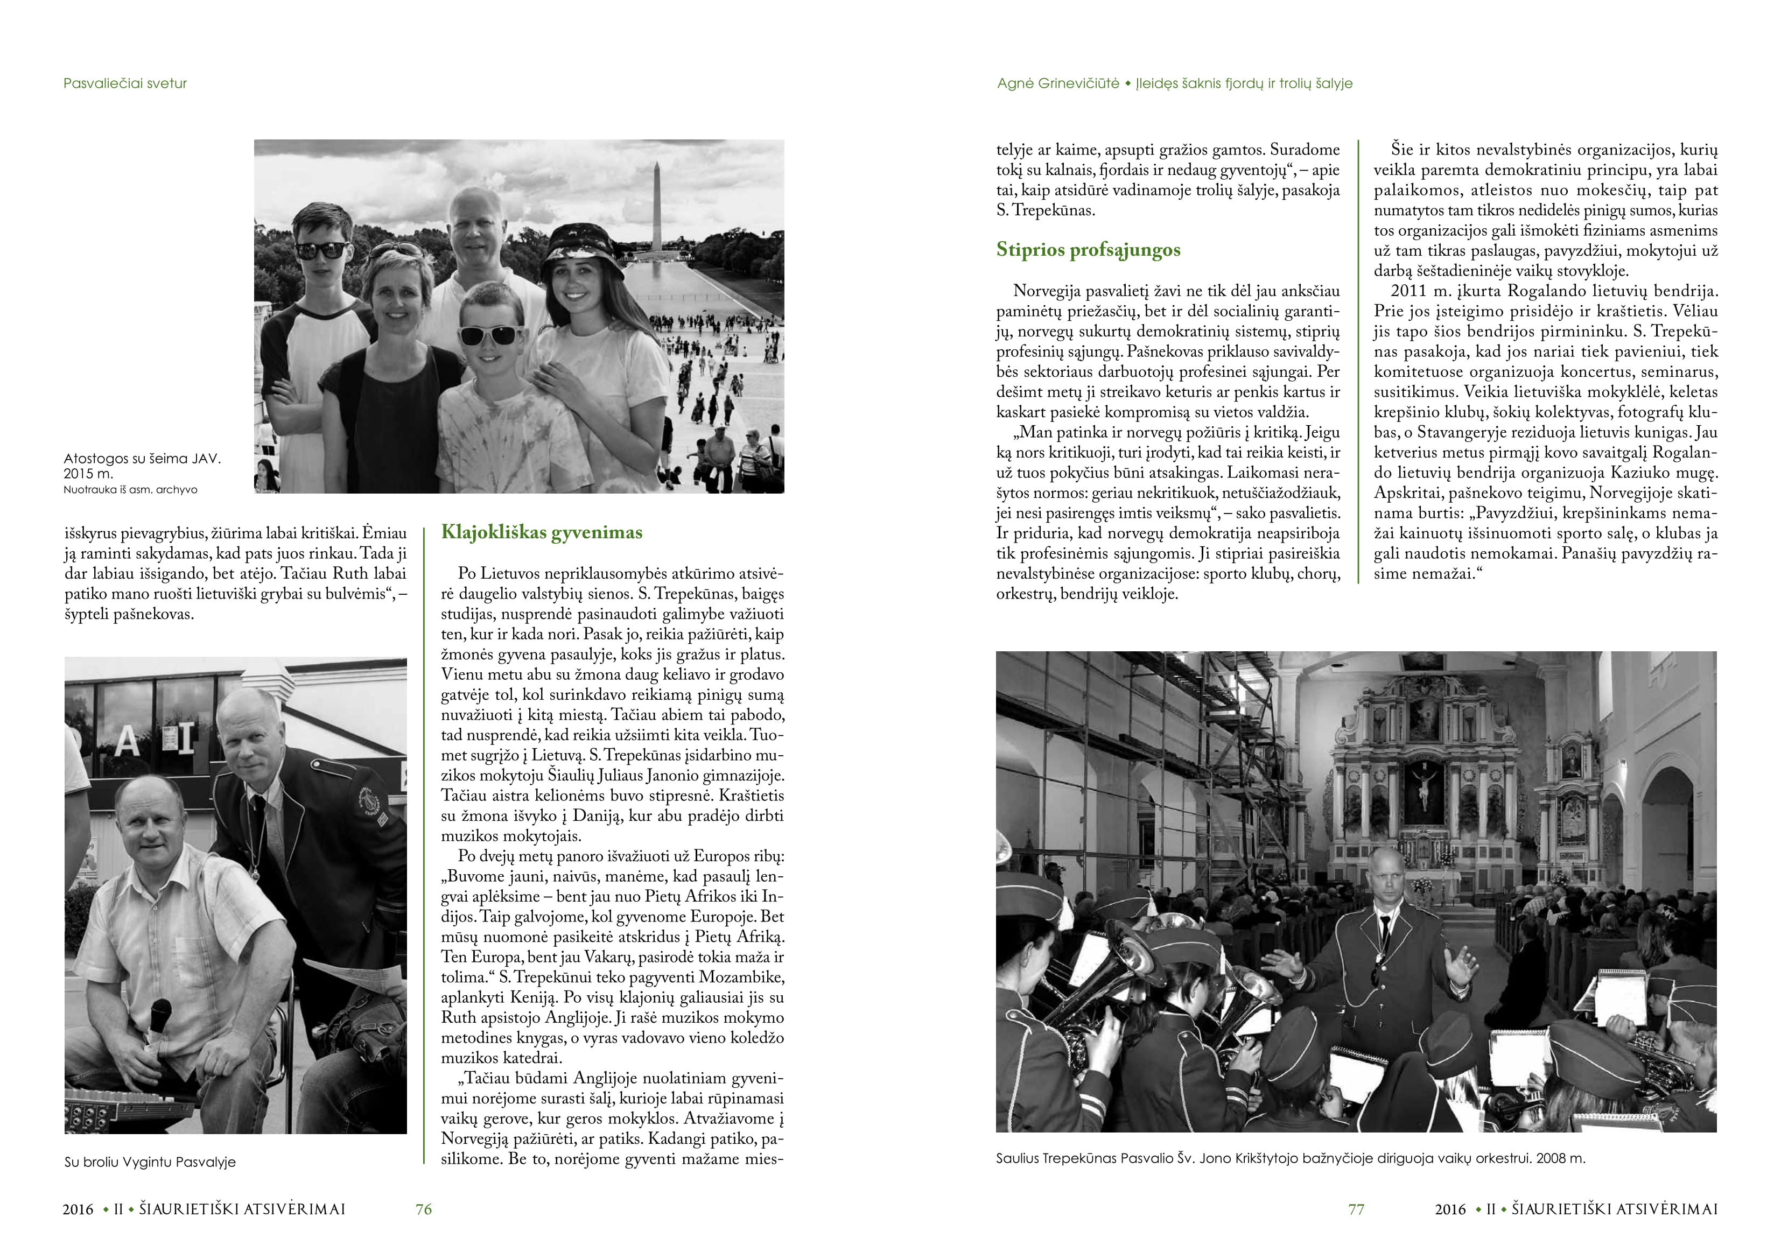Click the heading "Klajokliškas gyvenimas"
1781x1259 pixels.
tap(542, 532)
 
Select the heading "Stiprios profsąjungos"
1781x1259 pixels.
tap(1088, 250)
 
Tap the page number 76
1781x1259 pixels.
tap(424, 1208)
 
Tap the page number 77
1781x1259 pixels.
tap(1356, 1208)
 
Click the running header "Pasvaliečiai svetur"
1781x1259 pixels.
tap(125, 83)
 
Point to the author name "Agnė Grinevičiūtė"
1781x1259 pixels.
tap(1058, 83)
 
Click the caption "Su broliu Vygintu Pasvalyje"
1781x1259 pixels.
tap(150, 1162)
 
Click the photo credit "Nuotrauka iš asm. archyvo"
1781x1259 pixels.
tap(130, 489)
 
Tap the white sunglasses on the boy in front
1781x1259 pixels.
tap(486, 335)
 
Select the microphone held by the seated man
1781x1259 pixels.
tap(160, 1016)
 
